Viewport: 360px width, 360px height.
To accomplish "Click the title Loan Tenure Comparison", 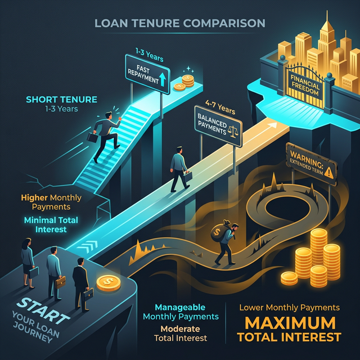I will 179,24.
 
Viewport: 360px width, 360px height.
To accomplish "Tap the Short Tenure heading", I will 61,100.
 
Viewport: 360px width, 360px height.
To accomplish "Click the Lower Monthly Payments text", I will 289,308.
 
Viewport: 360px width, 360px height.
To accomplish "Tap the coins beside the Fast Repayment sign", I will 184,82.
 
